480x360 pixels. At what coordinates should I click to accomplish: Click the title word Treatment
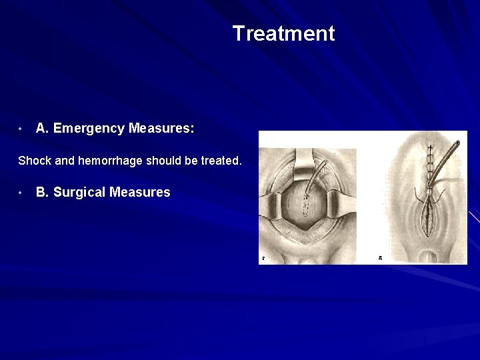point(283,33)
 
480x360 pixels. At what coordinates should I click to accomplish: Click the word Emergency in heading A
point(89,128)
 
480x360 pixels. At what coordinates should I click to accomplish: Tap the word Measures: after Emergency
point(162,128)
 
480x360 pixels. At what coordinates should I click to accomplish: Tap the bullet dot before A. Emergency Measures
point(22,128)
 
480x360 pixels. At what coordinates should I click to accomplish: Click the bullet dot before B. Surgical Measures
point(22,193)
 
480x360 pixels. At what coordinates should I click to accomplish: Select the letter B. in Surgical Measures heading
point(43,193)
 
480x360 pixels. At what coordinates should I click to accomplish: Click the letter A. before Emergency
point(43,128)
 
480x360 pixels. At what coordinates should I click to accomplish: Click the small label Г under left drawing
point(264,258)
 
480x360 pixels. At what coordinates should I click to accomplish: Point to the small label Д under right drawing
point(379,257)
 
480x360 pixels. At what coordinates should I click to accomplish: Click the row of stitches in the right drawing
point(427,163)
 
